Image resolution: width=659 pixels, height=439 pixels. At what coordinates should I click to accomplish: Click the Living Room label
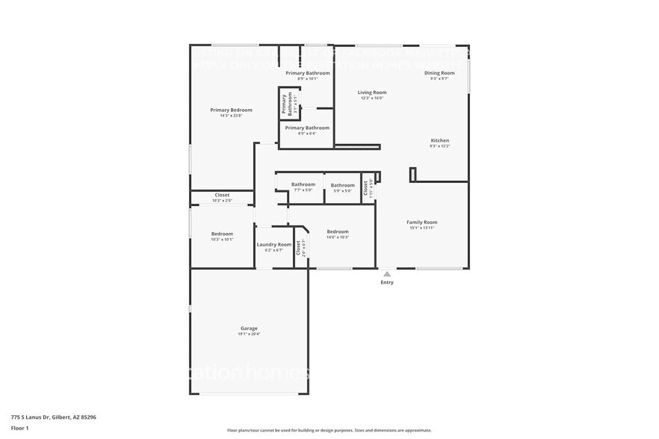point(371,93)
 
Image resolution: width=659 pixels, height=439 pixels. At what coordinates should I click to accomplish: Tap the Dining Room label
point(439,73)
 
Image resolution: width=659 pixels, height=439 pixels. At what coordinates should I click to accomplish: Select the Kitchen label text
point(439,140)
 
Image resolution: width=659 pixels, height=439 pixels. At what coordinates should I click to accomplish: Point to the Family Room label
point(421,222)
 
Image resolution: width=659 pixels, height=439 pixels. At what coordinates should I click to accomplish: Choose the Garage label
point(249,329)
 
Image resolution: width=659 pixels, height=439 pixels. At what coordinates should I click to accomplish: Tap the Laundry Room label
point(274,245)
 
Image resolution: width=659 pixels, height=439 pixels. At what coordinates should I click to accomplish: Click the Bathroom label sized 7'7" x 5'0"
point(303,184)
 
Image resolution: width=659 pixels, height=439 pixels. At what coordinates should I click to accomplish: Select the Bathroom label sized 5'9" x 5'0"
point(342,185)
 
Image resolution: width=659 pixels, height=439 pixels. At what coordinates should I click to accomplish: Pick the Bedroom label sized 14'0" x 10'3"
point(338,231)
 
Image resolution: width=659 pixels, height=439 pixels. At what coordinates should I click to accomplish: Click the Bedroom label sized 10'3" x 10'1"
point(222,234)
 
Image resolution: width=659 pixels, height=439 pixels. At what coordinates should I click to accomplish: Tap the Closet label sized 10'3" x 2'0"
point(222,195)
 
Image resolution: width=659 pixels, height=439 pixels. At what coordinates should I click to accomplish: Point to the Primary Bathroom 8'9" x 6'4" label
point(307,128)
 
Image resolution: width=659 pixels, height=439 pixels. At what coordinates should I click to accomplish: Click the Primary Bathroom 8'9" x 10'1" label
point(307,73)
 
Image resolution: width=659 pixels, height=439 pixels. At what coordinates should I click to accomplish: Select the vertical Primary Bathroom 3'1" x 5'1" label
point(285,103)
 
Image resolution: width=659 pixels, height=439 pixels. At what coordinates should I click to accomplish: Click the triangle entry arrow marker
point(387,274)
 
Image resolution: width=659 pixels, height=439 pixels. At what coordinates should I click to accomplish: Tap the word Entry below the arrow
point(387,282)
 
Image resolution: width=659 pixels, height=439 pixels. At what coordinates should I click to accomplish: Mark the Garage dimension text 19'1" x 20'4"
point(249,334)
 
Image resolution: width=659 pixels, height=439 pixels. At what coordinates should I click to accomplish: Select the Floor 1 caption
point(19,428)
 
